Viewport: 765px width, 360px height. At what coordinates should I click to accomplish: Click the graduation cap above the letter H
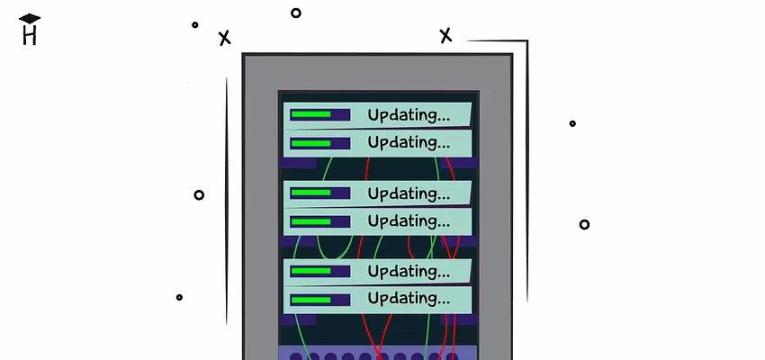tap(30, 19)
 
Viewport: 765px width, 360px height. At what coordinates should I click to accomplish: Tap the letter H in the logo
tap(30, 36)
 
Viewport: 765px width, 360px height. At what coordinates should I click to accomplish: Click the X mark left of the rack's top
tap(224, 38)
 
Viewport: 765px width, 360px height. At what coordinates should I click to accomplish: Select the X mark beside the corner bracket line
tap(445, 35)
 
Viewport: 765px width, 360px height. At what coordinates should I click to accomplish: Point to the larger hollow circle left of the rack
tap(199, 194)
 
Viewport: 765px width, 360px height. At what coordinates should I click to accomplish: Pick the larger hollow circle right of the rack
tap(584, 224)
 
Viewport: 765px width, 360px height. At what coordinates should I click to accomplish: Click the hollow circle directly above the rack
tap(295, 13)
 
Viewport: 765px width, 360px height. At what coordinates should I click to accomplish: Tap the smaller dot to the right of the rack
tap(572, 123)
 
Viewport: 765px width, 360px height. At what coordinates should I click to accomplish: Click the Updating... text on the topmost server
tap(409, 115)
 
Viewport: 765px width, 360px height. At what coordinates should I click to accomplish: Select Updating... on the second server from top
tap(409, 142)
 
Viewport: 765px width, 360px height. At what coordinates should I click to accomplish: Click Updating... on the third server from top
tap(409, 193)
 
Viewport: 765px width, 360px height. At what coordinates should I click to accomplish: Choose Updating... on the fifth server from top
tap(409, 271)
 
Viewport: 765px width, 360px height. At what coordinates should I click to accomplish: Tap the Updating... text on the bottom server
tap(409, 298)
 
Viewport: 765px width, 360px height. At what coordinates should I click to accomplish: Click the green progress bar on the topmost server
tap(310, 114)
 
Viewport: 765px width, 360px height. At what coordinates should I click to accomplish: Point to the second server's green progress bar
tap(310, 142)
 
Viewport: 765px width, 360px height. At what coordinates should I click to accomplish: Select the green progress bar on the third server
tap(310, 193)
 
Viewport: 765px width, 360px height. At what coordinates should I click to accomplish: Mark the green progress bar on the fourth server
tap(310, 220)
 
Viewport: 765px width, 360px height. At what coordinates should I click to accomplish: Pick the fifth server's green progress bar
tap(310, 270)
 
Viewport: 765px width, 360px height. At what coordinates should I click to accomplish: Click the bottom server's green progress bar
tap(310, 298)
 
